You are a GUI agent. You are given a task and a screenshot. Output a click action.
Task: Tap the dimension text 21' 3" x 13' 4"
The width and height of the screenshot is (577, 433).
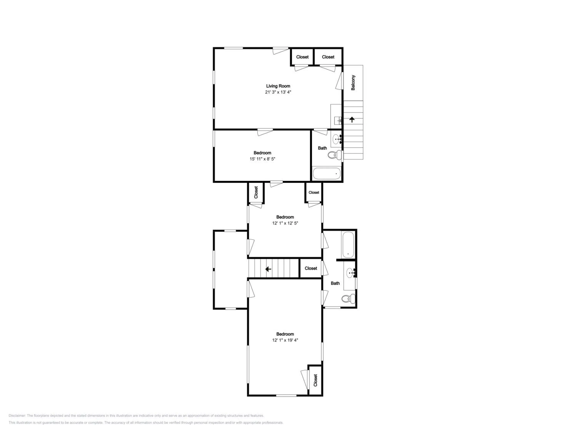point(278,92)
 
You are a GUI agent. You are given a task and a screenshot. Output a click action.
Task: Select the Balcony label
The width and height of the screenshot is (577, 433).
point(353,83)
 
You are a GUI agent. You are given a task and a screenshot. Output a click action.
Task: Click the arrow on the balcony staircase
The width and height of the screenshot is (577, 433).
point(352,120)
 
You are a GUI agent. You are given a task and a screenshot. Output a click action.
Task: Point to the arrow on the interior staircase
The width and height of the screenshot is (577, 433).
point(268,269)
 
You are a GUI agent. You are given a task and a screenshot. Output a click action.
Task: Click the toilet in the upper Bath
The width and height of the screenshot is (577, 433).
point(335,155)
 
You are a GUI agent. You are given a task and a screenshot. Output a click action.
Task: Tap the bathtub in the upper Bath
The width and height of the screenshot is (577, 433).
point(327,174)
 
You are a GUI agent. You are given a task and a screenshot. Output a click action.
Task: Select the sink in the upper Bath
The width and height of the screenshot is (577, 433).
point(337,139)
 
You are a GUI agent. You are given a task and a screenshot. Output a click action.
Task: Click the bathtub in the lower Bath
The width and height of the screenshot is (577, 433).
point(348,245)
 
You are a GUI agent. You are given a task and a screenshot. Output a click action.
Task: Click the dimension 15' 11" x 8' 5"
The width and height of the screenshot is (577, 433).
point(262,159)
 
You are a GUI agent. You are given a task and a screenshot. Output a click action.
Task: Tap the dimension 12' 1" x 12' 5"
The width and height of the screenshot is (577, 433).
point(285,223)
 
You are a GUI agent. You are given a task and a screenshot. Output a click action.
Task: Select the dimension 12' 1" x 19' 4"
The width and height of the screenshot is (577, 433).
point(285,340)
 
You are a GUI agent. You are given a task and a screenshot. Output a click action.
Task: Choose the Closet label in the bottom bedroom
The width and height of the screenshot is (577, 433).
point(315,380)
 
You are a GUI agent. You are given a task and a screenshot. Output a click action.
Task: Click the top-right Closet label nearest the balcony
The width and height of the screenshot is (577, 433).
point(328,57)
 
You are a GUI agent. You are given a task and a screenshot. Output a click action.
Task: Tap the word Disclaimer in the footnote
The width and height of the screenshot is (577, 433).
point(17,415)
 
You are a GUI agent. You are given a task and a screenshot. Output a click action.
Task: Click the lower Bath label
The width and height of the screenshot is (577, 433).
point(335,283)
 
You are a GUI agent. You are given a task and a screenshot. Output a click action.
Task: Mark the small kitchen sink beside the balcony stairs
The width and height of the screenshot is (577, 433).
point(338,121)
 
